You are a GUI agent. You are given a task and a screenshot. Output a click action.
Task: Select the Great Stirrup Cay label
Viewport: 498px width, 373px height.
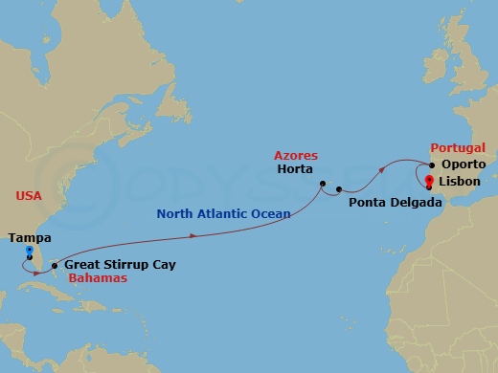pyautogui.click(x=120, y=264)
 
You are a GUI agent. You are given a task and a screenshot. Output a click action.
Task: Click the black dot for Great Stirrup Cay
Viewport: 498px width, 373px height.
pyautogui.click(x=54, y=265)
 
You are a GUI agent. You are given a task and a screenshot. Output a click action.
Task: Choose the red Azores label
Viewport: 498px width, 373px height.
pyautogui.click(x=296, y=155)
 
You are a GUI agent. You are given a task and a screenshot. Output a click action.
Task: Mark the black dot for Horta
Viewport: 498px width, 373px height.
pyautogui.click(x=324, y=184)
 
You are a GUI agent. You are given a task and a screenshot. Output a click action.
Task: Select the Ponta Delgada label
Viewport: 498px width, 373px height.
pyautogui.click(x=395, y=203)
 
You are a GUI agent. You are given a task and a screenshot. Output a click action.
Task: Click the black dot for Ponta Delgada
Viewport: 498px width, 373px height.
pyautogui.click(x=340, y=189)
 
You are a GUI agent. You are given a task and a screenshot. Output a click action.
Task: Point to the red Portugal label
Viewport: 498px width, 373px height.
pyautogui.click(x=459, y=149)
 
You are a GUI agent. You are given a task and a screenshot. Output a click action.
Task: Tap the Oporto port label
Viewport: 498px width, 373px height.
pyautogui.click(x=464, y=165)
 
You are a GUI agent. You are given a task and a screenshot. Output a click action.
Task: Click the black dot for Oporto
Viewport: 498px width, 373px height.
pyautogui.click(x=432, y=165)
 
